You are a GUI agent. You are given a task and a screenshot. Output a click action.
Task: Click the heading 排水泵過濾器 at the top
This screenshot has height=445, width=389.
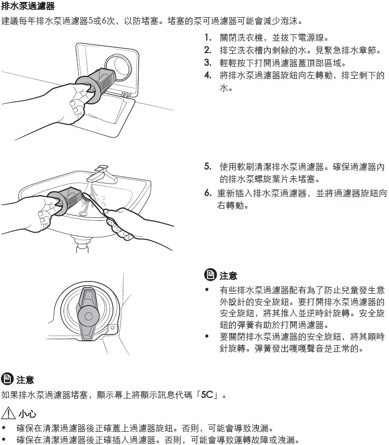point(28,5)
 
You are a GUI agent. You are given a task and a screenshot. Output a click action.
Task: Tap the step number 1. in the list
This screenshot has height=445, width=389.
point(208,38)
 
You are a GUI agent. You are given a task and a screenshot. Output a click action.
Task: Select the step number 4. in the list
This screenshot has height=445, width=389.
point(208,75)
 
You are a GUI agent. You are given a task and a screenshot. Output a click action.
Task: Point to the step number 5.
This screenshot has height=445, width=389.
point(208,166)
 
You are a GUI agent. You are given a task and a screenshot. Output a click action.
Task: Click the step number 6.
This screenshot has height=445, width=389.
point(208,193)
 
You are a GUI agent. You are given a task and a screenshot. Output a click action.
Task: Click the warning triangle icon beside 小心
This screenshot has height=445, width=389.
point(8,412)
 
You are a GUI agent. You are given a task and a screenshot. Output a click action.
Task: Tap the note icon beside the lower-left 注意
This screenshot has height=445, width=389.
point(7,379)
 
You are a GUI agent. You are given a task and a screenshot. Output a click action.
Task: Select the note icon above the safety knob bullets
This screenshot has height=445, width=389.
point(210,275)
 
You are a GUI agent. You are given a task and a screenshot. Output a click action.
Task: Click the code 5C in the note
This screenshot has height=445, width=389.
point(207,395)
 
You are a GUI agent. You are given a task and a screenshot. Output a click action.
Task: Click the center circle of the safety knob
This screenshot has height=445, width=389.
point(88,316)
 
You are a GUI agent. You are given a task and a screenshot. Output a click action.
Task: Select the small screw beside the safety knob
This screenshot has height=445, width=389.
point(113,328)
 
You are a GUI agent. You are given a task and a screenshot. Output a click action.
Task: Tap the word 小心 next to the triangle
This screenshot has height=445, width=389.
point(27,414)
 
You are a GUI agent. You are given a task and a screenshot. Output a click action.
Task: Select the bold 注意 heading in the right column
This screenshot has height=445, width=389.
point(229,275)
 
